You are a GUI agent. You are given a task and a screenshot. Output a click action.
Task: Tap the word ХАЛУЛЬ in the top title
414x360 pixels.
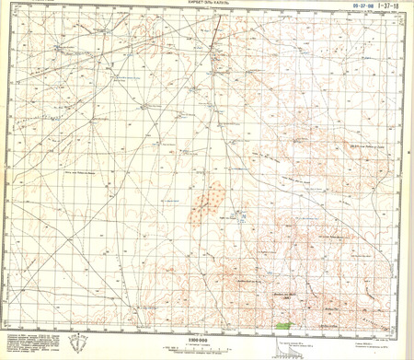(x=222, y=5)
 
